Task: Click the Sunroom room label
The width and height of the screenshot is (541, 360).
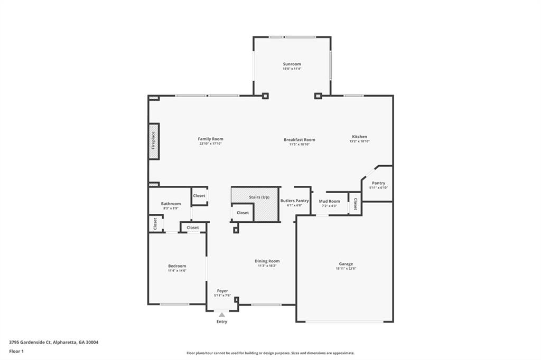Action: [292, 64]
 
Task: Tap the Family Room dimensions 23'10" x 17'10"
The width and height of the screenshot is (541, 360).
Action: [210, 144]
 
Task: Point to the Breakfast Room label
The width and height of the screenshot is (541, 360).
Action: [299, 140]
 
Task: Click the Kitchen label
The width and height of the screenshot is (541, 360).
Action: [359, 137]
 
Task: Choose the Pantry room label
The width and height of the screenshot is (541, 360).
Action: [378, 183]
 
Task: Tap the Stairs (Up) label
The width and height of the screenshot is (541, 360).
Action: [259, 197]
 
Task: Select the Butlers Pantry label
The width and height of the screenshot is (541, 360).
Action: [294, 201]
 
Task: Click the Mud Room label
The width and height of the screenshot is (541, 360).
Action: [329, 201]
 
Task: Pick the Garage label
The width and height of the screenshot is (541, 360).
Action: [346, 264]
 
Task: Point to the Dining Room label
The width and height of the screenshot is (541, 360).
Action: [267, 261]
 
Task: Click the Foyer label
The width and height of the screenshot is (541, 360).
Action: [222, 291]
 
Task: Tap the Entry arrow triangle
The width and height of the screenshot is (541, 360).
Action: [222, 315]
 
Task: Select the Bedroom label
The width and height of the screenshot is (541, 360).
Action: [177, 266]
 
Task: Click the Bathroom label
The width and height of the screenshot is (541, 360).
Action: [171, 204]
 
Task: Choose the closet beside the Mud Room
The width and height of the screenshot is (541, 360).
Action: [355, 204]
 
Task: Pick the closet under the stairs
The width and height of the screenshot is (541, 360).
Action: [242, 213]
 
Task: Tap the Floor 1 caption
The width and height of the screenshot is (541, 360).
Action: [16, 351]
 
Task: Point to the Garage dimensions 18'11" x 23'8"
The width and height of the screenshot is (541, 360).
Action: [346, 269]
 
